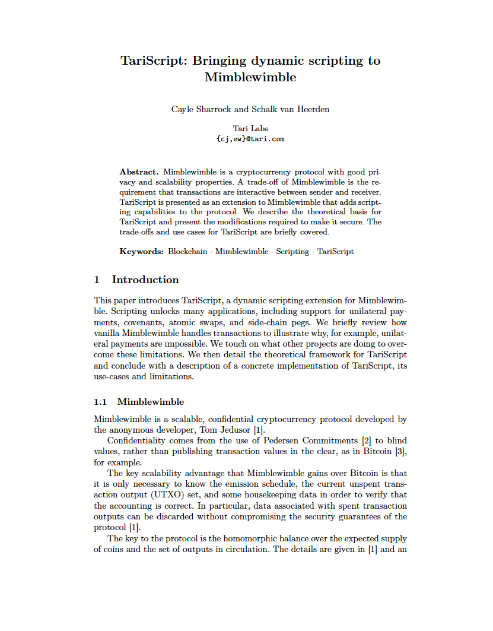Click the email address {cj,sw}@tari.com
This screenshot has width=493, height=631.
tap(250, 139)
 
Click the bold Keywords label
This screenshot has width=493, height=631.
tap(141, 251)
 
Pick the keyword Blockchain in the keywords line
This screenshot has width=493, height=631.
tap(187, 251)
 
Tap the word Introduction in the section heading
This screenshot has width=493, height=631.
tap(145, 280)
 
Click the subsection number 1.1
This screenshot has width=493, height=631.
tap(101, 402)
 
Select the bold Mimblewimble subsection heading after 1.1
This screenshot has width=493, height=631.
tap(151, 402)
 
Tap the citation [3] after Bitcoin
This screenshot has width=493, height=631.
tap(400, 452)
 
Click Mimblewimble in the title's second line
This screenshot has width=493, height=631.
tap(250, 77)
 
